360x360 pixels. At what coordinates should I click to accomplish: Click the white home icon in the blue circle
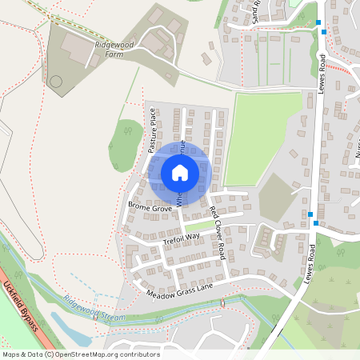[x=179, y=172]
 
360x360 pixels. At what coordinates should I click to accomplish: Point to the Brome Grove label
[x=150, y=207]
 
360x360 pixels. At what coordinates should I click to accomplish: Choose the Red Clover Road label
[x=217, y=232]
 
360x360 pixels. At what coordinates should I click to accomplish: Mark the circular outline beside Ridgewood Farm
[x=55, y=81]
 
